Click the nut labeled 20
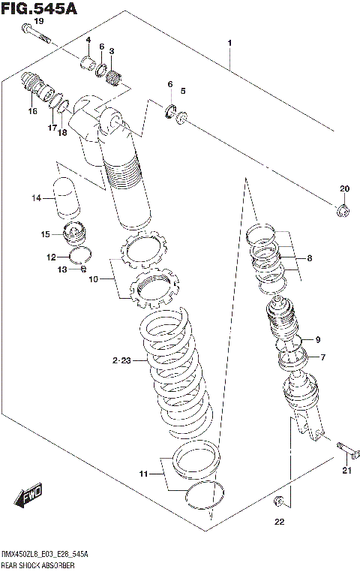click(343, 210)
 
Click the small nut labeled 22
click(279, 501)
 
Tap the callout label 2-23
click(121, 361)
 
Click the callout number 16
click(32, 111)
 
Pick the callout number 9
click(317, 338)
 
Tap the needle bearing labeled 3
click(115, 74)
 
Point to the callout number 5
click(182, 91)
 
